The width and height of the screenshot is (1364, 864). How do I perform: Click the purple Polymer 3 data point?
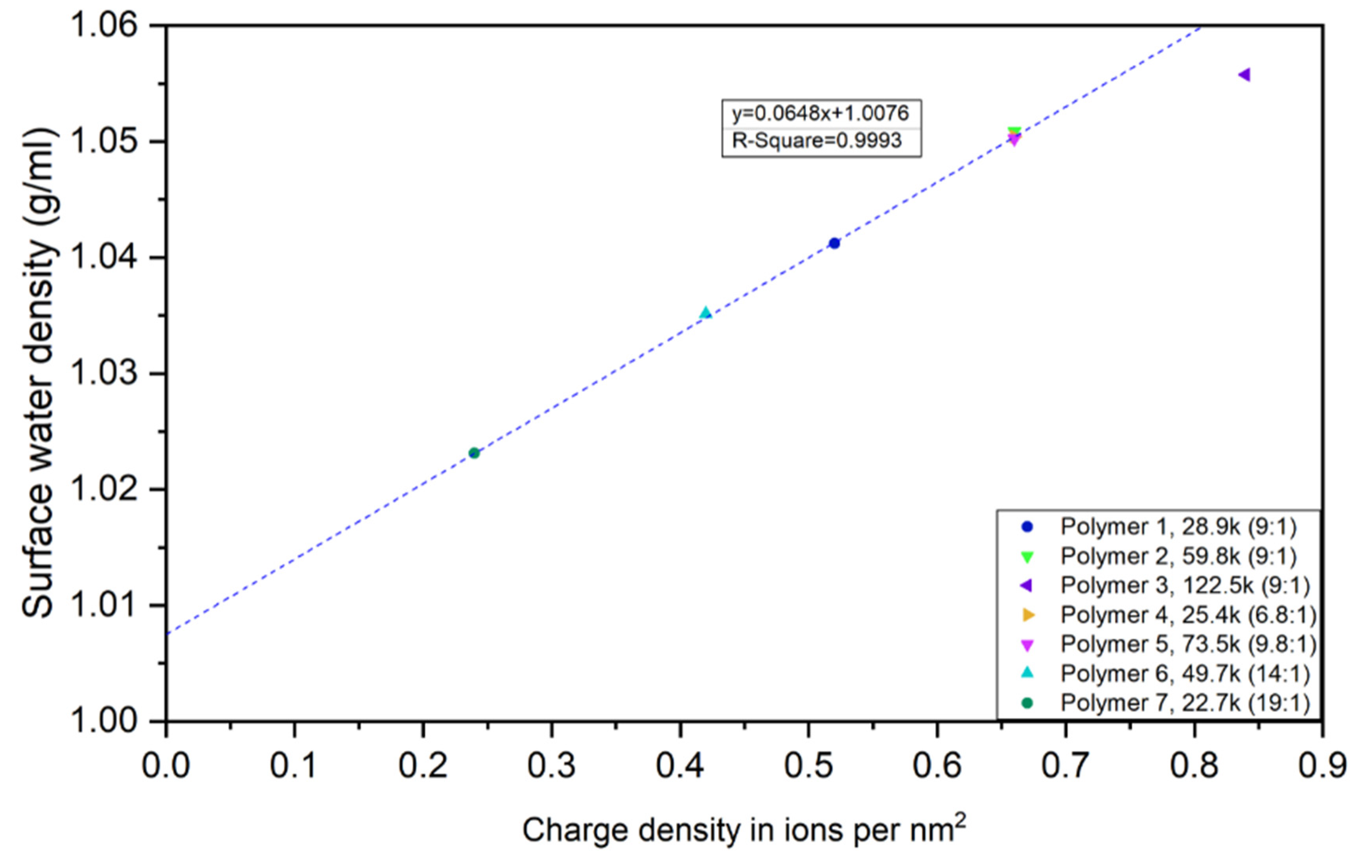[1244, 75]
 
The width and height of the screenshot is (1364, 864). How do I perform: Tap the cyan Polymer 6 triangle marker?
[705, 312]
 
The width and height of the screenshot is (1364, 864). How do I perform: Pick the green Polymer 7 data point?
[474, 453]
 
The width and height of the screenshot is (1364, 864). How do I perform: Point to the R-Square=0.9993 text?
[817, 140]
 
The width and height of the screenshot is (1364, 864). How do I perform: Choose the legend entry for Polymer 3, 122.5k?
[1185, 585]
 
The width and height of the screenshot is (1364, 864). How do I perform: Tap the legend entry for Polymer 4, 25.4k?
[1188, 615]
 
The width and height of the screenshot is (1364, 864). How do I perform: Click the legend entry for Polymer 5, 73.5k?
[1188, 644]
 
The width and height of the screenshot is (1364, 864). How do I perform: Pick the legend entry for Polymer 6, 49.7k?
[1185, 674]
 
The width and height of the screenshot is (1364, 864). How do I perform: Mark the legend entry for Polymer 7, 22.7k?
[1185, 703]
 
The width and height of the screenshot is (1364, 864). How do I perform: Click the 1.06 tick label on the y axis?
[104, 26]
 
